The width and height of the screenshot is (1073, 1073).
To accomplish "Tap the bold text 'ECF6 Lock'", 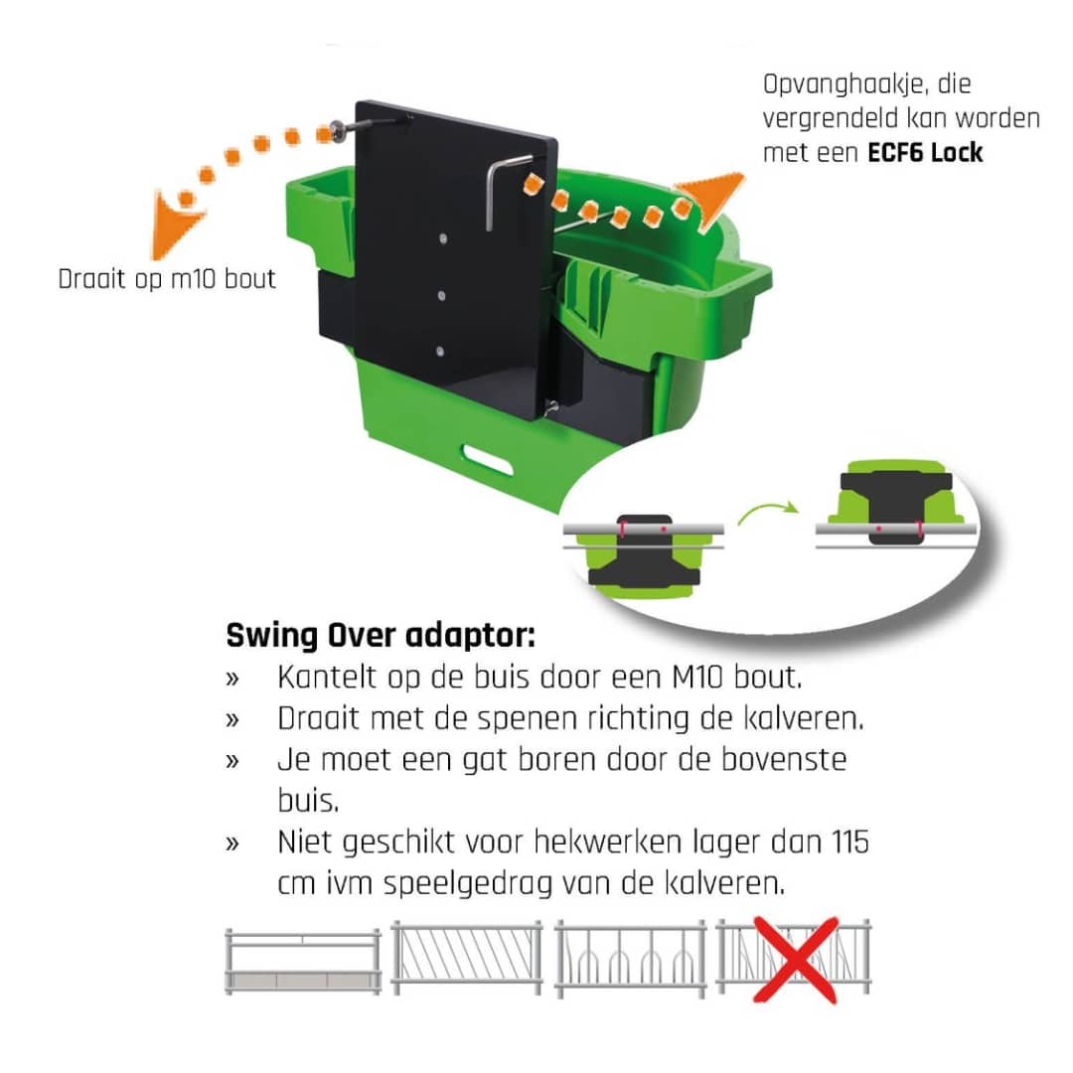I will (x=925, y=153).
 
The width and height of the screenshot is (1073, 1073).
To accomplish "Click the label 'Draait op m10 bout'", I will (x=167, y=279).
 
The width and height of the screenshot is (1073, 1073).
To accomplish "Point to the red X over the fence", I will (x=794, y=959).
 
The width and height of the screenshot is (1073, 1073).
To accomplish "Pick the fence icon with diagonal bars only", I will (x=467, y=959).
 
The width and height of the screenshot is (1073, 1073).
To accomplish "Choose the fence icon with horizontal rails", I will (x=303, y=961).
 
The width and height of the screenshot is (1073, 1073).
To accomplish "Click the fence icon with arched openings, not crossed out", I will (x=630, y=959).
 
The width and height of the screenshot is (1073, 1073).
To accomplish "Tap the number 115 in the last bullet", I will (x=846, y=843).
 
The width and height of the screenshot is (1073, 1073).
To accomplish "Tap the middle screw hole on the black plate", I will (x=441, y=293).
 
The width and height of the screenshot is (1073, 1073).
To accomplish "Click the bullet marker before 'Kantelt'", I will (x=232, y=680).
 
